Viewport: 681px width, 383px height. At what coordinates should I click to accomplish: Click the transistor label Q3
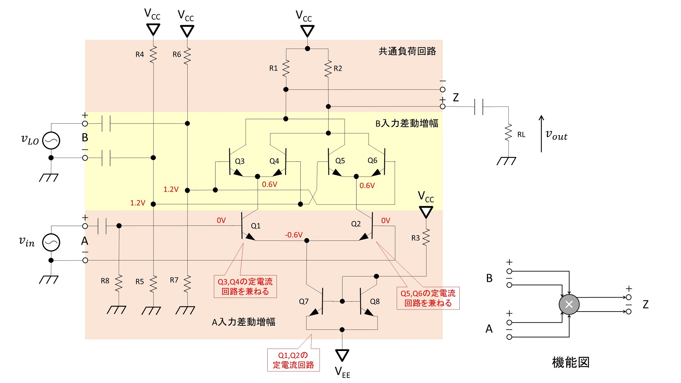tap(240, 161)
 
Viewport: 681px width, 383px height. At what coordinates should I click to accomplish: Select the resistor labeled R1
tap(286, 68)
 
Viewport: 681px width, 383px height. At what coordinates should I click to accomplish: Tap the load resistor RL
tap(508, 132)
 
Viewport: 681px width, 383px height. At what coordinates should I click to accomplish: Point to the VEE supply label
tap(343, 372)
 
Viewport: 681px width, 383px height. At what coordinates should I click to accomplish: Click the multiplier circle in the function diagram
tap(569, 304)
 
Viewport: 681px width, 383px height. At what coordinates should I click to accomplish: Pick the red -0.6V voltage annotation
tap(294, 235)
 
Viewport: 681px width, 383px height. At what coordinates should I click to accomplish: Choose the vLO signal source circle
tap(51, 140)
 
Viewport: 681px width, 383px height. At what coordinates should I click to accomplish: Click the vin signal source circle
tap(51, 242)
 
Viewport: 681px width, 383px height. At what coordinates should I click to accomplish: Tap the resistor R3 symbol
tap(426, 237)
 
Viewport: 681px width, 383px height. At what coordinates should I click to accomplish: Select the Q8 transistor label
tap(375, 301)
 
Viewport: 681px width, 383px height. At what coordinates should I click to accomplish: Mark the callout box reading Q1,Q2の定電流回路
tap(293, 360)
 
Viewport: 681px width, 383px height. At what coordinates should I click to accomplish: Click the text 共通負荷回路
tap(407, 51)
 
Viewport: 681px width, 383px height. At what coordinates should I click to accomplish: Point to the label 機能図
tap(571, 362)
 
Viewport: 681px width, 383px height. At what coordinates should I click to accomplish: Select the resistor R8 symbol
tap(118, 283)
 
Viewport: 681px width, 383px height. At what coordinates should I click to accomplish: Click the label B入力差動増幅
tap(407, 123)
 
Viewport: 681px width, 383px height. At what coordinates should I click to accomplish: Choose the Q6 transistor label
tap(373, 160)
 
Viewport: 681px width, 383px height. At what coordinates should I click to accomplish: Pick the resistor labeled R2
tap(328, 68)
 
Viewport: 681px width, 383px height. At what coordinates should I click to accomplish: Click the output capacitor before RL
tap(479, 107)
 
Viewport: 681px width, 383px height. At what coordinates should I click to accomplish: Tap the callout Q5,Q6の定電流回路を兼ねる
tap(428, 298)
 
